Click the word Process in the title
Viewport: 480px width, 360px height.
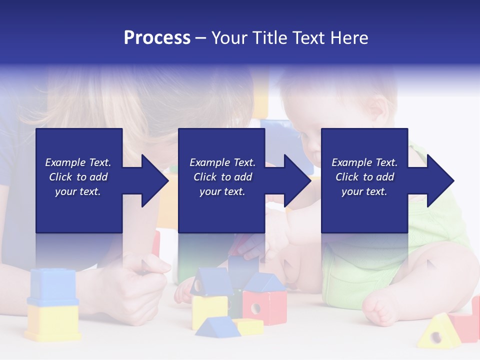(157, 38)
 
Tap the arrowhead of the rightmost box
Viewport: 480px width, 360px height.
(439, 180)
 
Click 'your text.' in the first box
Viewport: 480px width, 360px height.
(78, 191)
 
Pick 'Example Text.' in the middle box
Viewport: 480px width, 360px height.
(222, 162)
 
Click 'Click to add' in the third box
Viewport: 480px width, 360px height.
(364, 177)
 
